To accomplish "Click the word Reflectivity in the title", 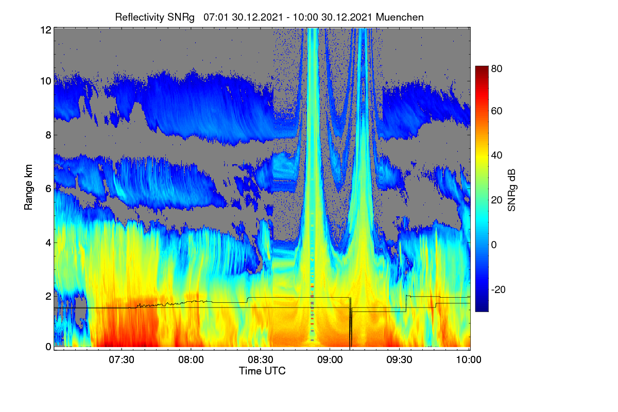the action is pyautogui.click(x=140, y=18).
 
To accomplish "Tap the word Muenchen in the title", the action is pyautogui.click(x=400, y=18).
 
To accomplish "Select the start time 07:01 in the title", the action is pyautogui.click(x=216, y=18).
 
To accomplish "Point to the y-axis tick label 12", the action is pyautogui.click(x=46, y=30).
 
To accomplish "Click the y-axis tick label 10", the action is pyautogui.click(x=46, y=81).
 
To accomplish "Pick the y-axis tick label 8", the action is pyautogui.click(x=48, y=135).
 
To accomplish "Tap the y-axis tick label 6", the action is pyautogui.click(x=48, y=189).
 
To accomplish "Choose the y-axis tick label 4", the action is pyautogui.click(x=48, y=243).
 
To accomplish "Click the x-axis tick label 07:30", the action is pyautogui.click(x=122, y=360).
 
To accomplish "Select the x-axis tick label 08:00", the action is pyautogui.click(x=191, y=360).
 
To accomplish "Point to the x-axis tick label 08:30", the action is pyautogui.click(x=261, y=360).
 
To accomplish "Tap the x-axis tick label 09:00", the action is pyautogui.click(x=330, y=360).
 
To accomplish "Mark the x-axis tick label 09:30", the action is pyautogui.click(x=399, y=360).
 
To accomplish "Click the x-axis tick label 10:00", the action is pyautogui.click(x=469, y=360).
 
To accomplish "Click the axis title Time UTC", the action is pyautogui.click(x=262, y=371).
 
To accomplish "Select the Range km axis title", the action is pyautogui.click(x=28, y=187).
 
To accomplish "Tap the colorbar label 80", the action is pyautogui.click(x=496, y=68).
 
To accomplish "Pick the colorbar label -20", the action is pyautogui.click(x=499, y=289).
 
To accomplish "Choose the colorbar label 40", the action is pyautogui.click(x=496, y=156).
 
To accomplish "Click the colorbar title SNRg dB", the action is pyautogui.click(x=511, y=191).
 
